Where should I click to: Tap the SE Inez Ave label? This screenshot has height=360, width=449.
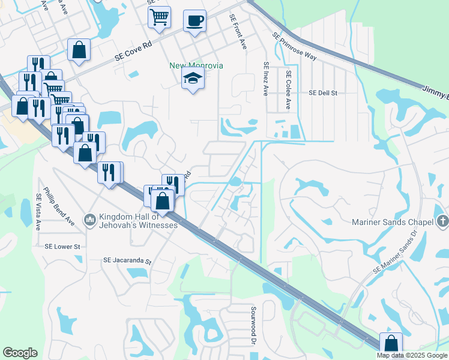pyautogui.click(x=265, y=79)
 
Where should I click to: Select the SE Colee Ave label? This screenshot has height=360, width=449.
pyautogui.click(x=289, y=90)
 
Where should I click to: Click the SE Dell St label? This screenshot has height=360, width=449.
pyautogui.click(x=324, y=94)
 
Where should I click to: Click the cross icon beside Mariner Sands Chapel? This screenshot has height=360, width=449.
pyautogui.click(x=442, y=221)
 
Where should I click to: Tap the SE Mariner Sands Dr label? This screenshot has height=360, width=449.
pyautogui.click(x=394, y=251)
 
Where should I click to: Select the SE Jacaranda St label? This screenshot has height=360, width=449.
pyautogui.click(x=128, y=261)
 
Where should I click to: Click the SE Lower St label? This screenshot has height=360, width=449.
pyautogui.click(x=62, y=247)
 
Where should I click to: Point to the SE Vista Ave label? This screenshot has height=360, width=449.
pyautogui.click(x=38, y=212)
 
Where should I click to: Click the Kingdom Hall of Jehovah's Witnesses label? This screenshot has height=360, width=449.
pyautogui.click(x=138, y=221)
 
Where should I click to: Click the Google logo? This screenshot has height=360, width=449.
pyautogui.click(x=20, y=353)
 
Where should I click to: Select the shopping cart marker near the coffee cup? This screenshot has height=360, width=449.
pyautogui.click(x=159, y=18)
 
